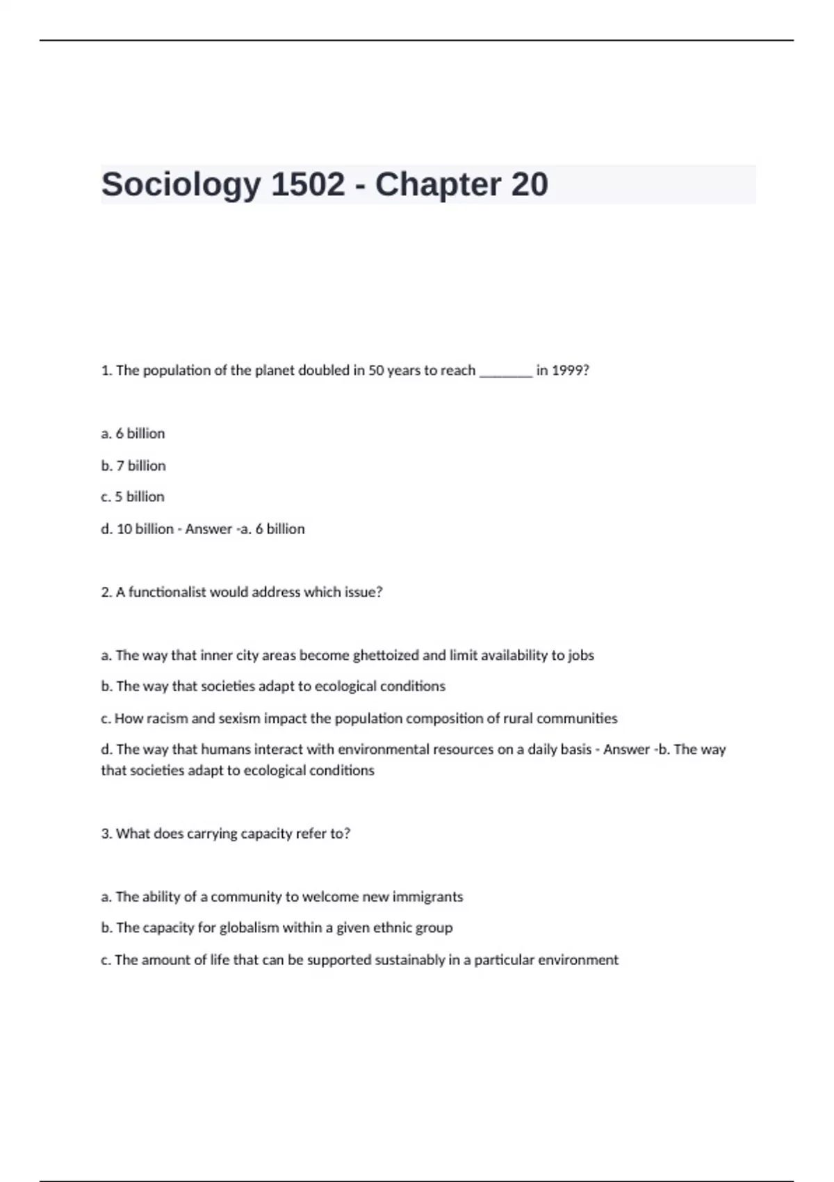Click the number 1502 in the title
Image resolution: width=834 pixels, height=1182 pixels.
click(307, 185)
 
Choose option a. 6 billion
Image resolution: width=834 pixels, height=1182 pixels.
click(133, 434)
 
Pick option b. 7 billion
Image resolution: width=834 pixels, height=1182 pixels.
click(133, 466)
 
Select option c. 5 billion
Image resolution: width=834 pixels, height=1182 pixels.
click(133, 497)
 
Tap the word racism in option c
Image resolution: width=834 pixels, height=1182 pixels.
click(167, 719)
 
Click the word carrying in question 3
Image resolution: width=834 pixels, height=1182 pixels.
click(212, 834)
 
